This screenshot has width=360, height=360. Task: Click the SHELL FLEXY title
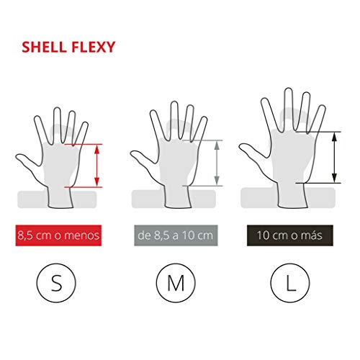[68, 47]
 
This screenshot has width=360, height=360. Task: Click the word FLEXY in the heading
[94, 47]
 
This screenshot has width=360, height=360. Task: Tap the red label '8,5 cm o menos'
[58, 235]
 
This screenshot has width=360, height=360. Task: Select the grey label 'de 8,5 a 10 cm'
[176, 235]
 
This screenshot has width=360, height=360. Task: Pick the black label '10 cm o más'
[290, 235]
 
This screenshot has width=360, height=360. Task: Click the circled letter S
[56, 283]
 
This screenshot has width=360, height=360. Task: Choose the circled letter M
[176, 283]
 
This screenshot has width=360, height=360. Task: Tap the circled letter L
[290, 283]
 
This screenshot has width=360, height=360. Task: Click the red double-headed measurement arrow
[97, 166]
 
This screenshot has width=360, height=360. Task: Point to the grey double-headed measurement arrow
[217, 163]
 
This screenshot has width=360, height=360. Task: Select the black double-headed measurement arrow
[334, 158]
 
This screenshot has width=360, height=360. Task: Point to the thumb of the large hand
[253, 150]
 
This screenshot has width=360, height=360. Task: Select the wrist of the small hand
[60, 197]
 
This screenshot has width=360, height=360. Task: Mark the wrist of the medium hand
[178, 197]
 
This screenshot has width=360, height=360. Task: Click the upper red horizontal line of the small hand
[84, 144]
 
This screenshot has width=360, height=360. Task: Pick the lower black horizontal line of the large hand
[318, 183]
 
